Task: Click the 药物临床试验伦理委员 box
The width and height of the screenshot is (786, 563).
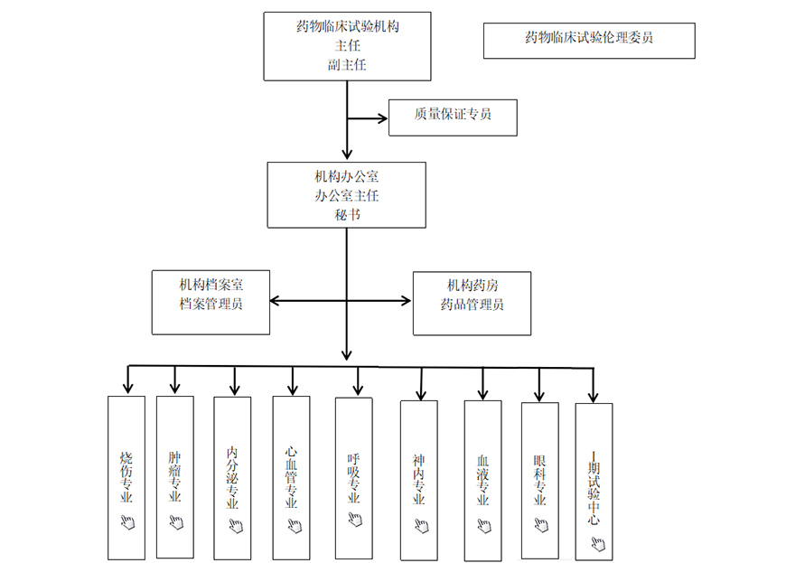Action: [x=589, y=41]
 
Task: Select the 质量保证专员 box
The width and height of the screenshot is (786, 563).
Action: [x=453, y=117]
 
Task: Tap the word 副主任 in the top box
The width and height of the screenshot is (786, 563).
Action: [x=347, y=65]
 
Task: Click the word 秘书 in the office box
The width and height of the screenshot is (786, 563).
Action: [x=347, y=214]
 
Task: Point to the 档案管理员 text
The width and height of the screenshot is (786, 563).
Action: [x=211, y=304]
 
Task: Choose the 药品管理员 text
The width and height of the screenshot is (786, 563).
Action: [x=472, y=305]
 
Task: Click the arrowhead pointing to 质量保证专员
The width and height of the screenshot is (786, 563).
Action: [x=383, y=118]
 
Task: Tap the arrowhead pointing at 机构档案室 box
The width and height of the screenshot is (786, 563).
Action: [x=275, y=301]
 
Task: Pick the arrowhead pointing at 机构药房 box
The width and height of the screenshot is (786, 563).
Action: [x=406, y=301]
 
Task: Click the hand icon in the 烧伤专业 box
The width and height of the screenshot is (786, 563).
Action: [x=127, y=522]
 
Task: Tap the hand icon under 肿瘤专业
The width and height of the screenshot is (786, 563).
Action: [x=176, y=522]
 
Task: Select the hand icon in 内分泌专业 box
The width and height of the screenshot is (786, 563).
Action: [x=236, y=525]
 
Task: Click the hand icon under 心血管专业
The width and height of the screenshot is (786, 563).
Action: [x=295, y=525]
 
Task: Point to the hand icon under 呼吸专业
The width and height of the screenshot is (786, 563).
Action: [x=355, y=519]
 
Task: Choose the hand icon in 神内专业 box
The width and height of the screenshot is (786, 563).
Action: [x=422, y=525]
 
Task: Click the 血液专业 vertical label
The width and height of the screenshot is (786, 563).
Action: [x=482, y=480]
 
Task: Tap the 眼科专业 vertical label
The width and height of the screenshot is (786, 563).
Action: [x=540, y=480]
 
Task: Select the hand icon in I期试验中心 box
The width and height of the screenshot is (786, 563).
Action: [x=598, y=543]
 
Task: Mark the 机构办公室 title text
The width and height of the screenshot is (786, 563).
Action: [x=347, y=176]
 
